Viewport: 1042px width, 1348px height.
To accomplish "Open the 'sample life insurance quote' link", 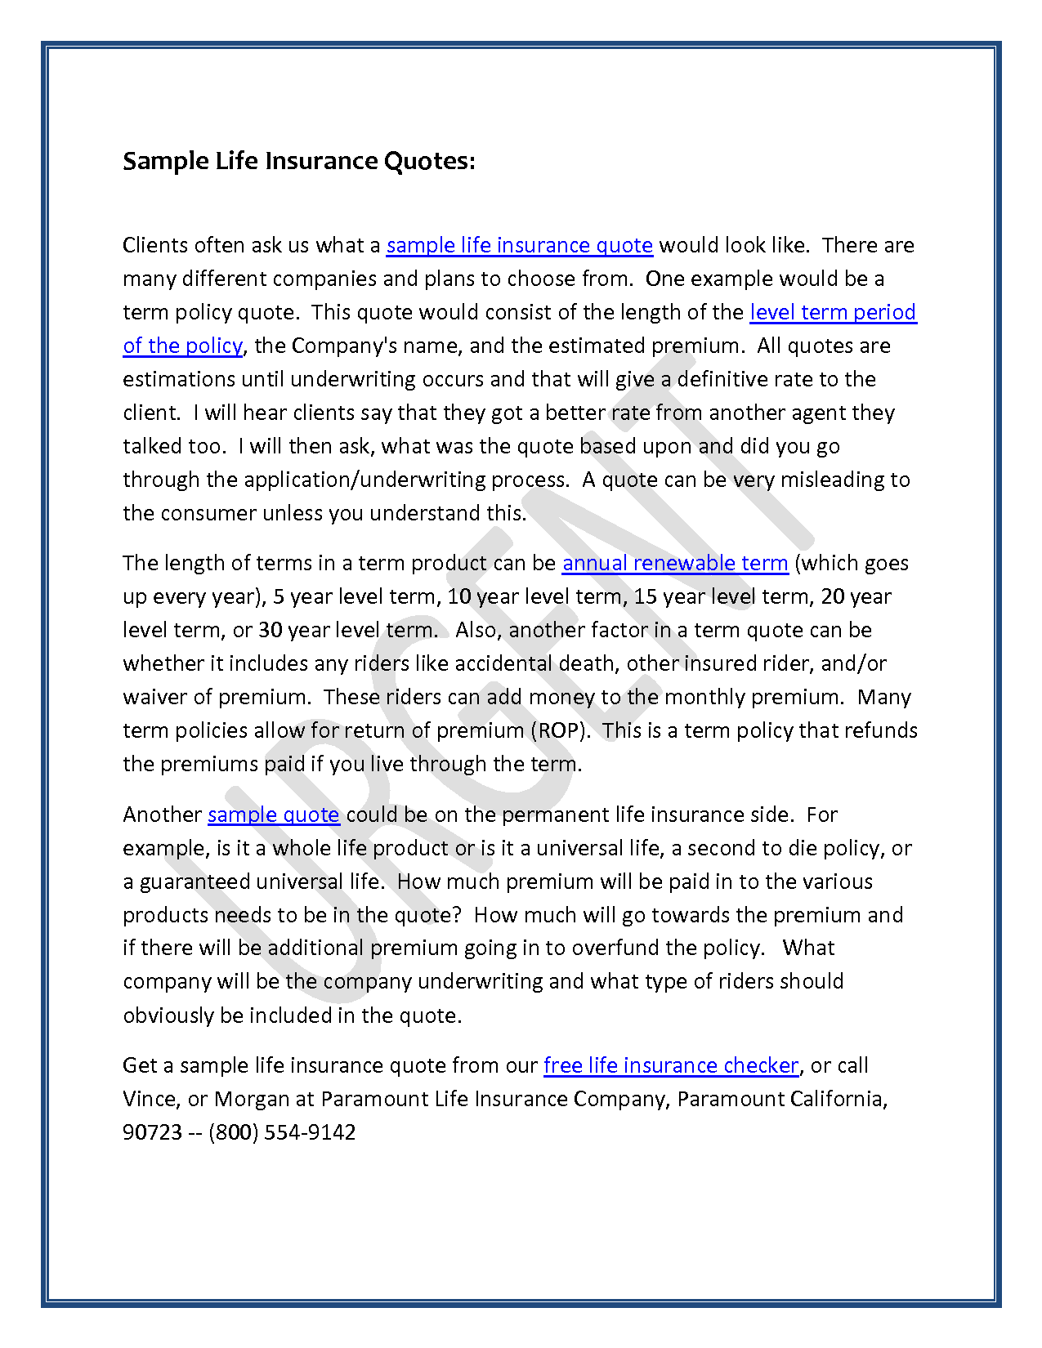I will coord(519,245).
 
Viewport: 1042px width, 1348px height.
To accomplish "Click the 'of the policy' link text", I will coord(182,346).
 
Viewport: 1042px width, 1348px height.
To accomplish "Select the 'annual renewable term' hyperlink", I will coord(675,563).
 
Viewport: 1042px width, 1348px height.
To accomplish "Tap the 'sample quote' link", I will coord(273,815).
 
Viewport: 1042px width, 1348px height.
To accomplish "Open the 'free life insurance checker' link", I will coord(670,1065).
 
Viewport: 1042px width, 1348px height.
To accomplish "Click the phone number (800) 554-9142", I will coord(282,1132).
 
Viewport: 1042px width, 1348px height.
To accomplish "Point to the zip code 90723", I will coord(152,1132).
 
